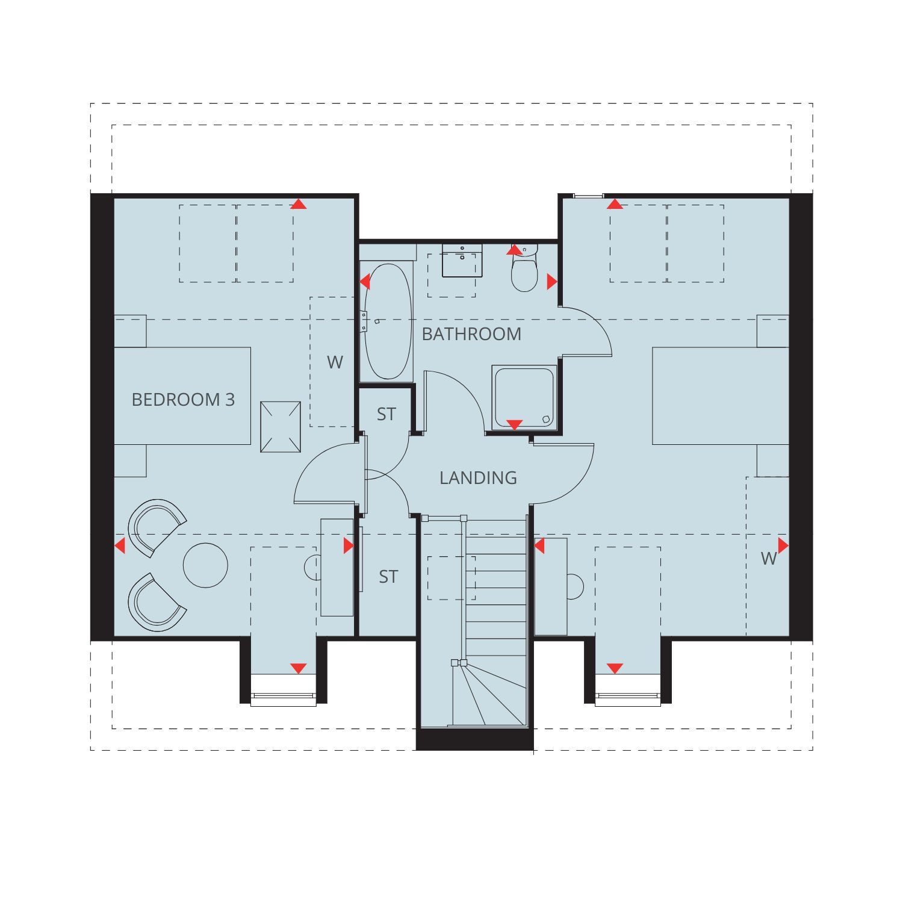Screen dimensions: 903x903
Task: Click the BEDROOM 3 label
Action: point(183,400)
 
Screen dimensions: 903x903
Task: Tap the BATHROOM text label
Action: point(471,334)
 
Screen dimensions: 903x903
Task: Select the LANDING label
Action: point(478,478)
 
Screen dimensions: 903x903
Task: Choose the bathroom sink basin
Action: point(462,260)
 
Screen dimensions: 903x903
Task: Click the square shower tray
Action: point(523,397)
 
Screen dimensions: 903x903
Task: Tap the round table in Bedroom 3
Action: point(205,565)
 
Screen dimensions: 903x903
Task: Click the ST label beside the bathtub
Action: point(386,414)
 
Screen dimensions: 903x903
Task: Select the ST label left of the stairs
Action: point(388,577)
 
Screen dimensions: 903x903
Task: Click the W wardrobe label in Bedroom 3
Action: point(335,362)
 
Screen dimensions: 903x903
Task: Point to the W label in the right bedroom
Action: point(768,559)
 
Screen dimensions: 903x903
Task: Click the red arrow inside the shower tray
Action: point(514,425)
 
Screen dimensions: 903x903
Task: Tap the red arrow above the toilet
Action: point(514,249)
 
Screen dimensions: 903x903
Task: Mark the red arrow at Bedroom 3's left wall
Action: point(120,546)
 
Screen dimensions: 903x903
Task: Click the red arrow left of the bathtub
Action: point(365,281)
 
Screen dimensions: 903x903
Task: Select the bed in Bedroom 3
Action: point(182,396)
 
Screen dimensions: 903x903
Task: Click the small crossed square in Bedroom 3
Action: point(280,427)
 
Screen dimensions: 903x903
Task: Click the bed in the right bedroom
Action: point(721,396)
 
